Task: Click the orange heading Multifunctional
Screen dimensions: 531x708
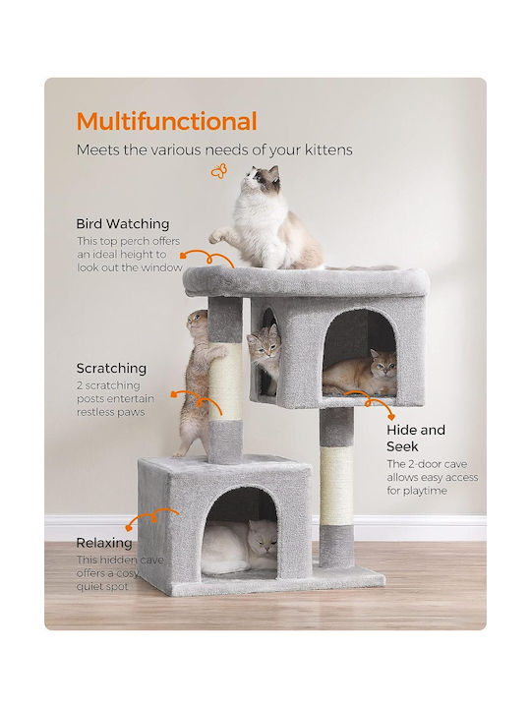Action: [166, 121]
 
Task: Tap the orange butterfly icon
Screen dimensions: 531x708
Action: [219, 171]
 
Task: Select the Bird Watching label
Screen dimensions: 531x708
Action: [123, 223]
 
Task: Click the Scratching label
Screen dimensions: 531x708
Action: [111, 368]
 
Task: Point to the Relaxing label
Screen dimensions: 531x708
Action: [104, 542]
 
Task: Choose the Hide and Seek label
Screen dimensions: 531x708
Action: [416, 438]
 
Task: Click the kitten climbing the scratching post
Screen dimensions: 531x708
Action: [194, 381]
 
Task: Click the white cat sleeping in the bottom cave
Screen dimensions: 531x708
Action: [239, 546]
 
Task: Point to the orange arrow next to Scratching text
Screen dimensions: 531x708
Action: [196, 399]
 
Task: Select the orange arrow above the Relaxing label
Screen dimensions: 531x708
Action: [152, 517]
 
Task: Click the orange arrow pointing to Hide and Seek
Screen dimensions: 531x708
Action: [371, 399]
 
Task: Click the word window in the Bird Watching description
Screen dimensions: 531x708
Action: [161, 267]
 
